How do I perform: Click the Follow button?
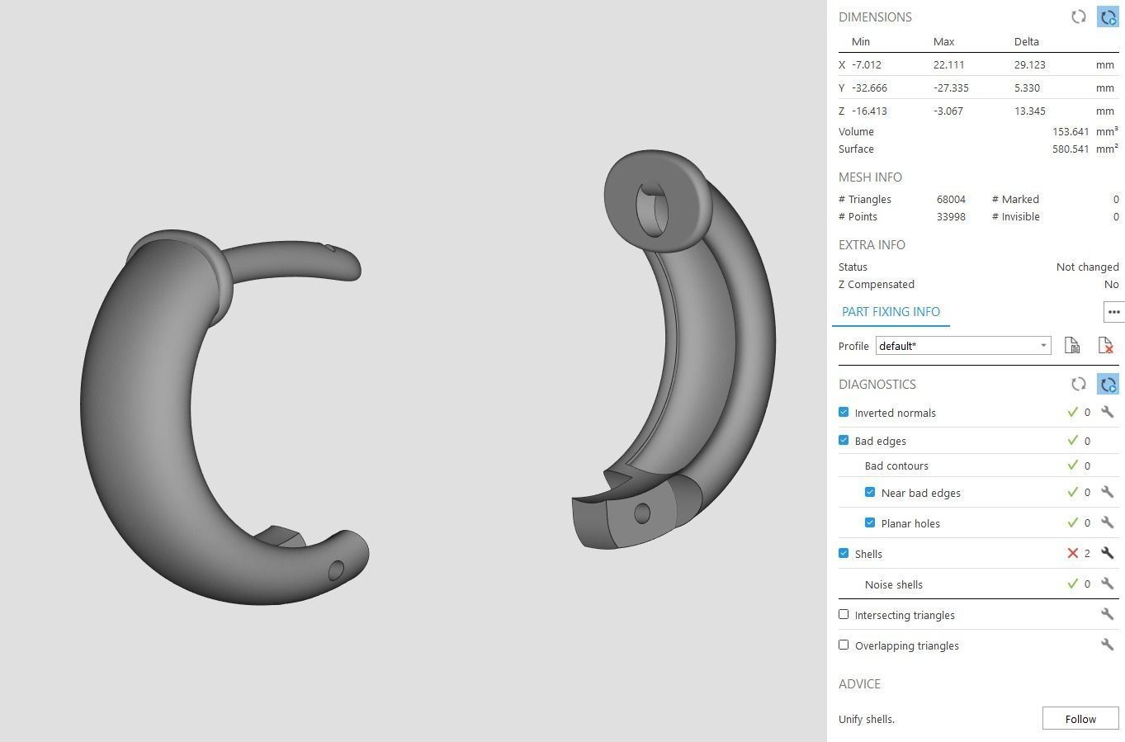click(x=1080, y=719)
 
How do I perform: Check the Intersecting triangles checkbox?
click(x=844, y=614)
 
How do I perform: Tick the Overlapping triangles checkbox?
click(x=844, y=645)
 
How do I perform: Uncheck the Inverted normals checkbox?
click(x=844, y=412)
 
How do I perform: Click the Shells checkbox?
click(x=844, y=553)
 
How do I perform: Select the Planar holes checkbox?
click(x=870, y=522)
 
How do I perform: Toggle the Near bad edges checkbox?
click(x=870, y=492)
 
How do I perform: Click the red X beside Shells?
click(x=1072, y=553)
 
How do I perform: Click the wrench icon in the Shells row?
click(x=1107, y=553)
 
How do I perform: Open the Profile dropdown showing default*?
click(x=962, y=346)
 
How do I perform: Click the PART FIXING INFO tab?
click(x=891, y=312)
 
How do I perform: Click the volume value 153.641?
click(x=1070, y=132)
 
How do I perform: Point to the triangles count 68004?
click(x=951, y=200)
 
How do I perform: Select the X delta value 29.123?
click(x=1028, y=65)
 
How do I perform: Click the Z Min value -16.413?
click(x=869, y=111)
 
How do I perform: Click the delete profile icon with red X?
click(x=1106, y=346)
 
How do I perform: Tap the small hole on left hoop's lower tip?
click(x=336, y=570)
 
